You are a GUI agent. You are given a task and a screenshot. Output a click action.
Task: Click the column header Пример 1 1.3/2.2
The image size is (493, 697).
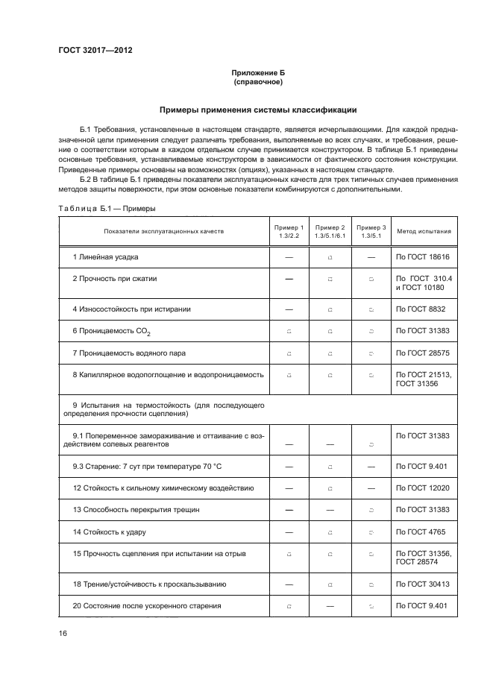pos(289,231)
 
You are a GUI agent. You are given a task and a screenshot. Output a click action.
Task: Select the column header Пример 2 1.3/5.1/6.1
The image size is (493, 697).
pos(330,231)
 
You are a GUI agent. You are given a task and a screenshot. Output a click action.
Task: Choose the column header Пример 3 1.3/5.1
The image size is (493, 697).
pos(371,231)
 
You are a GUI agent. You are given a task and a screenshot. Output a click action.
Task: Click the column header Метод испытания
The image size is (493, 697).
pos(423,231)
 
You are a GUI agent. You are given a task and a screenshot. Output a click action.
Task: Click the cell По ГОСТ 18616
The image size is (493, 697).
pos(422,257)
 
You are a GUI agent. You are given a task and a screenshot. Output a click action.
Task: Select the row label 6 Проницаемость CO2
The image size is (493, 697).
pos(115,330)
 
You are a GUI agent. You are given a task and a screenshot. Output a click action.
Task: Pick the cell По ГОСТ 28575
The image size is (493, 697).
pos(422,352)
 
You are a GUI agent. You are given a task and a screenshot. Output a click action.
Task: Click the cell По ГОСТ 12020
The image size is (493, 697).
pos(422,488)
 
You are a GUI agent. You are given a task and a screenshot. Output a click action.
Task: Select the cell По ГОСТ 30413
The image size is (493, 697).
pos(422,584)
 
